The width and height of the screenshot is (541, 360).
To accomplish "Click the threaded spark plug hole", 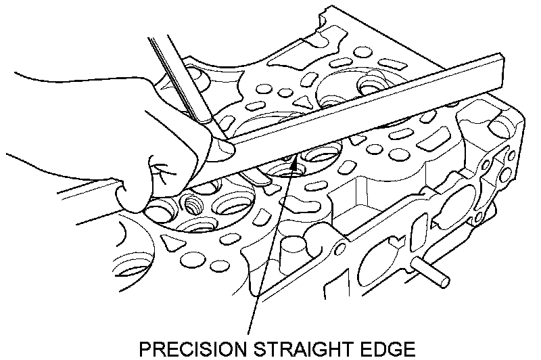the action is pyautogui.click(x=193, y=203).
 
